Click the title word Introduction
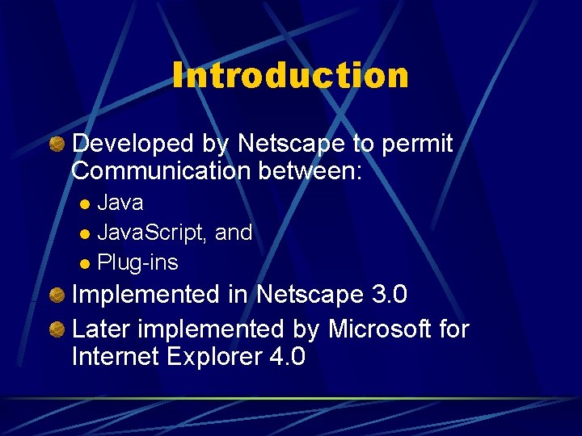pos(290,75)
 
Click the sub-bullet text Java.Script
pos(152,233)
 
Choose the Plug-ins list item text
pos(137,263)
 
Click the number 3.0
pos(389,295)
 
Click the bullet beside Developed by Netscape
pos(57,145)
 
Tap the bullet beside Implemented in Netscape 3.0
pos(57,296)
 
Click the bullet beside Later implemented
pos(57,330)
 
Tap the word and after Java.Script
pos(234,233)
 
